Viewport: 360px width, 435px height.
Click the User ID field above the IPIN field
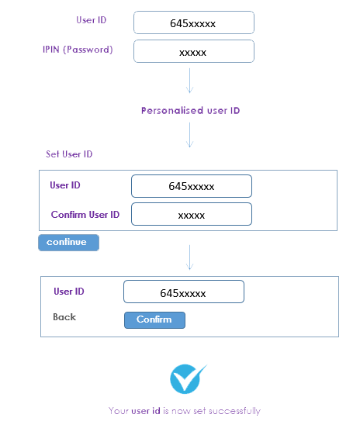194,22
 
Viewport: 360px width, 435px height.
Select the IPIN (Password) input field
194,51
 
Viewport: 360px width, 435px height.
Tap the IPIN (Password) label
78,50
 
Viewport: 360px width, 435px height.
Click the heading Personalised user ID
190,110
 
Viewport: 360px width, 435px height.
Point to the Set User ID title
69,154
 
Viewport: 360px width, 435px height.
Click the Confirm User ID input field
192,214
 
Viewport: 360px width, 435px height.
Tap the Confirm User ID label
85,215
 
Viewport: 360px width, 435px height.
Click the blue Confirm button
154,320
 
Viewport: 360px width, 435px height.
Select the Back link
64,317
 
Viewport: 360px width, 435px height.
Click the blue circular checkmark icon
186,379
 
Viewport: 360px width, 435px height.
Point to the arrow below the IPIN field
190,81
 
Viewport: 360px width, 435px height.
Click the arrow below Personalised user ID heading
190,135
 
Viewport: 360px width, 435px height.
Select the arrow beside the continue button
190,257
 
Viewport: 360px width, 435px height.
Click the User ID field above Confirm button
184,292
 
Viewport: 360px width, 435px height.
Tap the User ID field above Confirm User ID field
192,186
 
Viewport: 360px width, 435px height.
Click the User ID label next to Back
69,292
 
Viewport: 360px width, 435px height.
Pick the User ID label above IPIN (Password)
92,20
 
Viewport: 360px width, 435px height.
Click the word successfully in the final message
234,411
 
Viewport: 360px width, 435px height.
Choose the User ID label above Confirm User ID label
65,185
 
